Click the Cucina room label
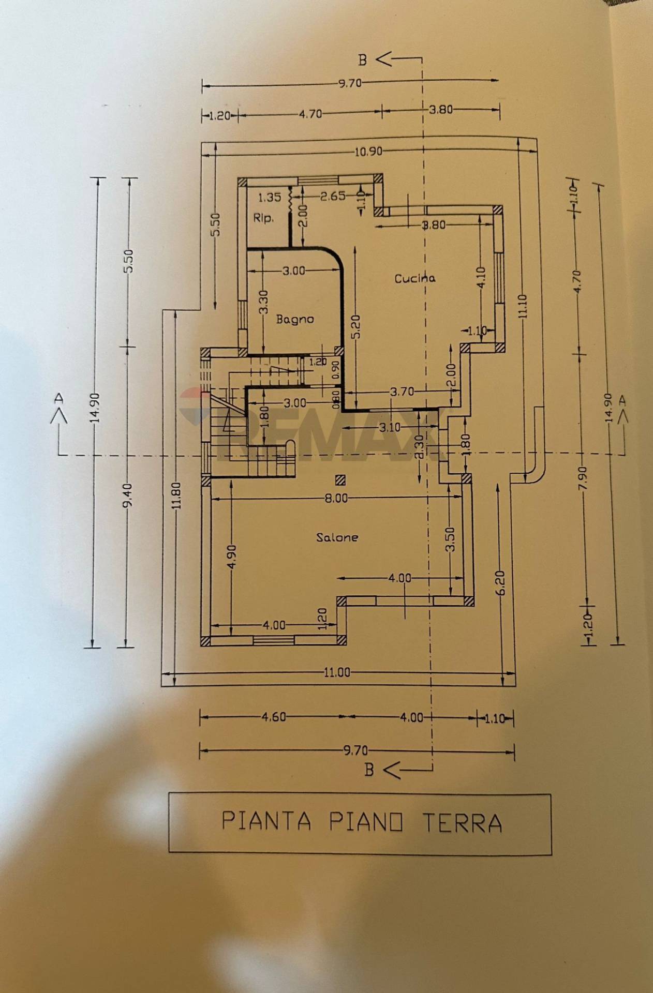[414, 278]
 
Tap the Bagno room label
[294, 319]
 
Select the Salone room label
[337, 537]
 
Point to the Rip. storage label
[263, 219]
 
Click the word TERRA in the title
[462, 822]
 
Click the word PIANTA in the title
[266, 821]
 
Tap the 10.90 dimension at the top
[368, 152]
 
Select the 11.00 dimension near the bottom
[337, 672]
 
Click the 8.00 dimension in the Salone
[336, 498]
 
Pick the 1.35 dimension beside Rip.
[269, 197]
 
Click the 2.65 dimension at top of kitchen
[333, 197]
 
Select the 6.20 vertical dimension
[500, 583]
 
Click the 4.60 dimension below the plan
[273, 717]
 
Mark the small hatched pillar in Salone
[340, 480]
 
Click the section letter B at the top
[363, 60]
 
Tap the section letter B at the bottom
[369, 770]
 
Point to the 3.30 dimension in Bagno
[263, 302]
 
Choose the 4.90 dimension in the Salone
[231, 557]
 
